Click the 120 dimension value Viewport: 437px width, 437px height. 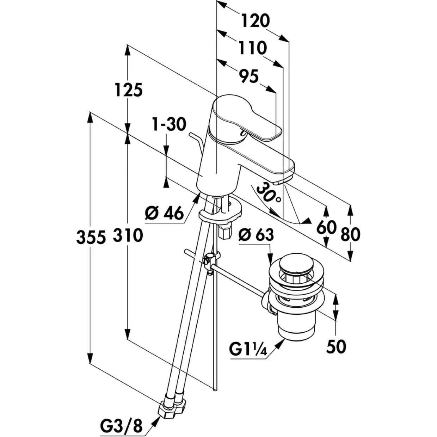pyautogui.click(x=256, y=21)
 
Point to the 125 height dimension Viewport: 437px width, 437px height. pyautogui.click(x=129, y=90)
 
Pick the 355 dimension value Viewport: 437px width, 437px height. pyautogui.click(x=91, y=237)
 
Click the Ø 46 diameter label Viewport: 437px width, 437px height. pyautogui.click(x=165, y=213)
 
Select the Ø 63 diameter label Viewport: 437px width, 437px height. pyautogui.click(x=256, y=235)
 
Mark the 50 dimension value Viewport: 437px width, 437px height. pyautogui.click(x=336, y=347)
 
